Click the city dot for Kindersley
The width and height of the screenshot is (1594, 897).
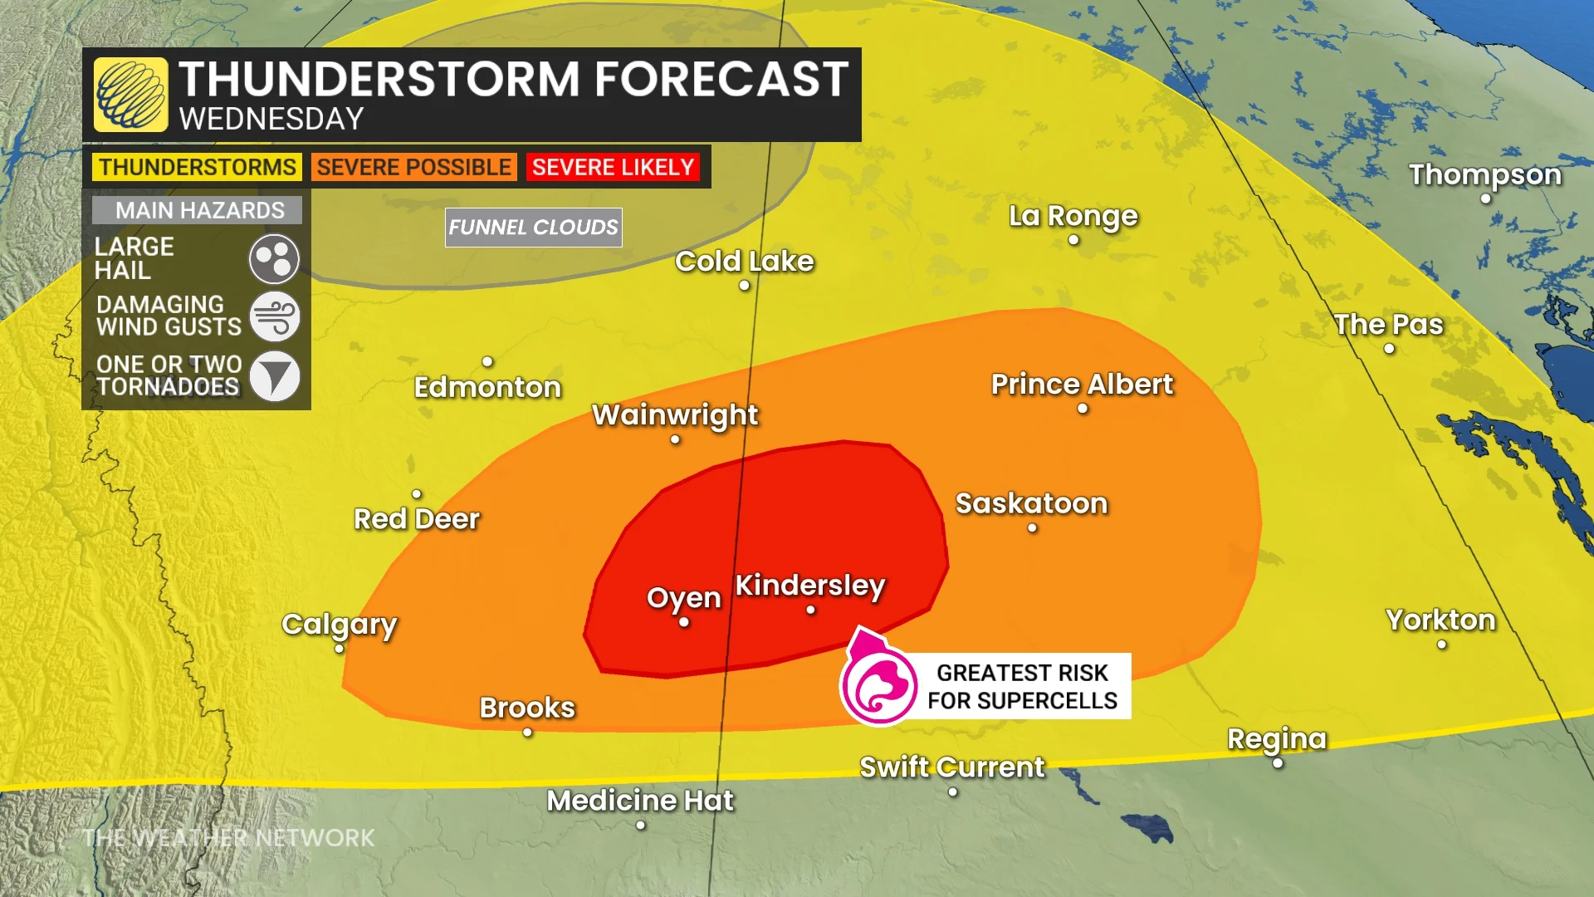[810, 610]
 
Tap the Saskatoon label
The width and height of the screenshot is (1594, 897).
[1031, 503]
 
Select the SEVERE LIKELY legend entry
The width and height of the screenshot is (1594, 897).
[613, 167]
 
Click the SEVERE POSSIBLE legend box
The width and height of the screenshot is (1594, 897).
[413, 167]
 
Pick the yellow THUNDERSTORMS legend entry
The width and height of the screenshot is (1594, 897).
[197, 167]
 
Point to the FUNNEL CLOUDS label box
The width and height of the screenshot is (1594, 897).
[533, 227]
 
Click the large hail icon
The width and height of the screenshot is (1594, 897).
[274, 259]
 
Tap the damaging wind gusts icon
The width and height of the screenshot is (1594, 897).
[274, 316]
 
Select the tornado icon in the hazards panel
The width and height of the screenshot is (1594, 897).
[274, 376]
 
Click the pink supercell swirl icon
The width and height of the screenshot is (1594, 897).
[878, 686]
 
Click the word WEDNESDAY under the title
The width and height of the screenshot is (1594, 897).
[271, 119]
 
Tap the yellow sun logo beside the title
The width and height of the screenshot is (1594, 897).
[131, 95]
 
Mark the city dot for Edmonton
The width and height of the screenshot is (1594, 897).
[487, 361]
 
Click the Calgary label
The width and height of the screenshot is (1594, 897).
[339, 624]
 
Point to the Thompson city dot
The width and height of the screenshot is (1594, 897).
[1485, 199]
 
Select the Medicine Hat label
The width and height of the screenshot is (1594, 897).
[639, 801]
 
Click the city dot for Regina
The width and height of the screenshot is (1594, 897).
[1278, 762]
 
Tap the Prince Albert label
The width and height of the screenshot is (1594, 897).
[1082, 385]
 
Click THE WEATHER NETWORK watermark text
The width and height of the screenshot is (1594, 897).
[228, 838]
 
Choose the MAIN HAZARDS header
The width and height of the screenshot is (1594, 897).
[199, 210]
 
